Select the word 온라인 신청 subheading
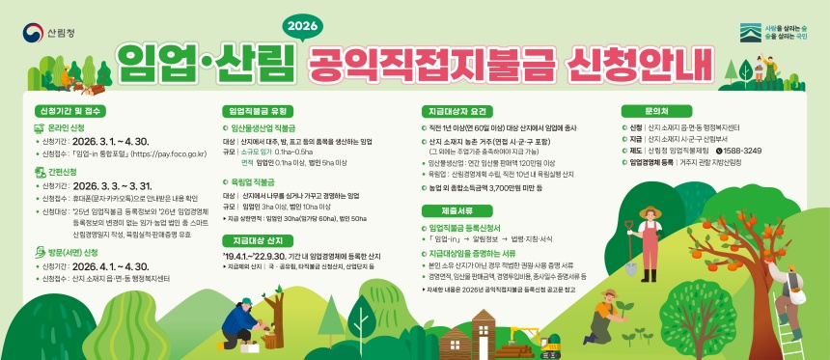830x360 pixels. click(66, 127)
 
